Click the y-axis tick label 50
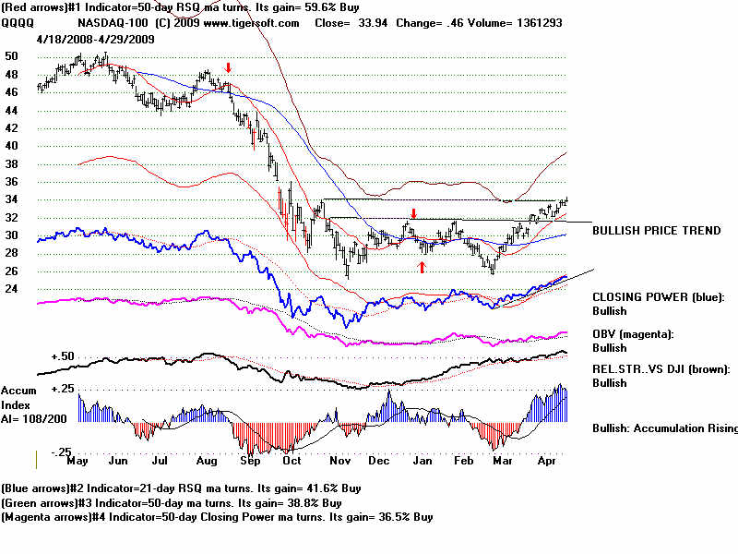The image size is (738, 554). pyautogui.click(x=12, y=56)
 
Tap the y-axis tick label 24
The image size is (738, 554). pyautogui.click(x=12, y=289)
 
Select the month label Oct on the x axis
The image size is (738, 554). pyautogui.click(x=292, y=460)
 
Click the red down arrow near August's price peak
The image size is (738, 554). pyautogui.click(x=228, y=68)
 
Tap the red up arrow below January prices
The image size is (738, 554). pyautogui.click(x=422, y=267)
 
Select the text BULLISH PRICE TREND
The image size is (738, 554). pyautogui.click(x=657, y=231)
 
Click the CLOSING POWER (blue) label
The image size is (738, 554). pyautogui.click(x=659, y=297)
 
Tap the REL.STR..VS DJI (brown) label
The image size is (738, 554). pyautogui.click(x=661, y=368)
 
